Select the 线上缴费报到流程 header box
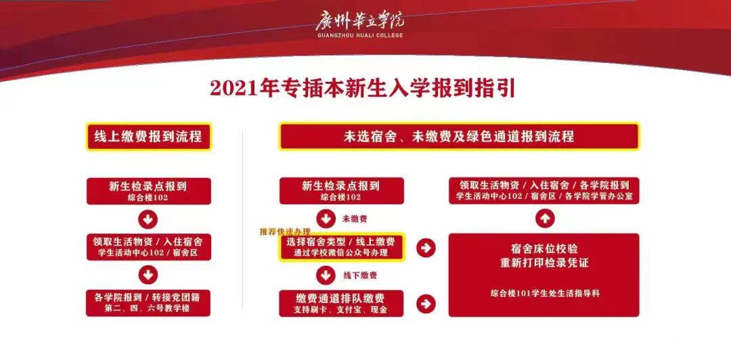coord(148,137)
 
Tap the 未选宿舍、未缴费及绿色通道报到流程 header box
coord(460,137)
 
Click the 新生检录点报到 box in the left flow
coord(148,191)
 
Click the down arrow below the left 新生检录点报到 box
coord(148,219)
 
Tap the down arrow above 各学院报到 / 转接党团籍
coord(148,274)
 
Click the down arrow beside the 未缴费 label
coord(326,219)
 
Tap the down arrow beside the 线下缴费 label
coord(326,275)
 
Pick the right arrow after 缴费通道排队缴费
coord(426,304)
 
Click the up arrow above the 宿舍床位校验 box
coord(545,219)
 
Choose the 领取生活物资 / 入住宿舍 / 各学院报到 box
coord(545,191)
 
